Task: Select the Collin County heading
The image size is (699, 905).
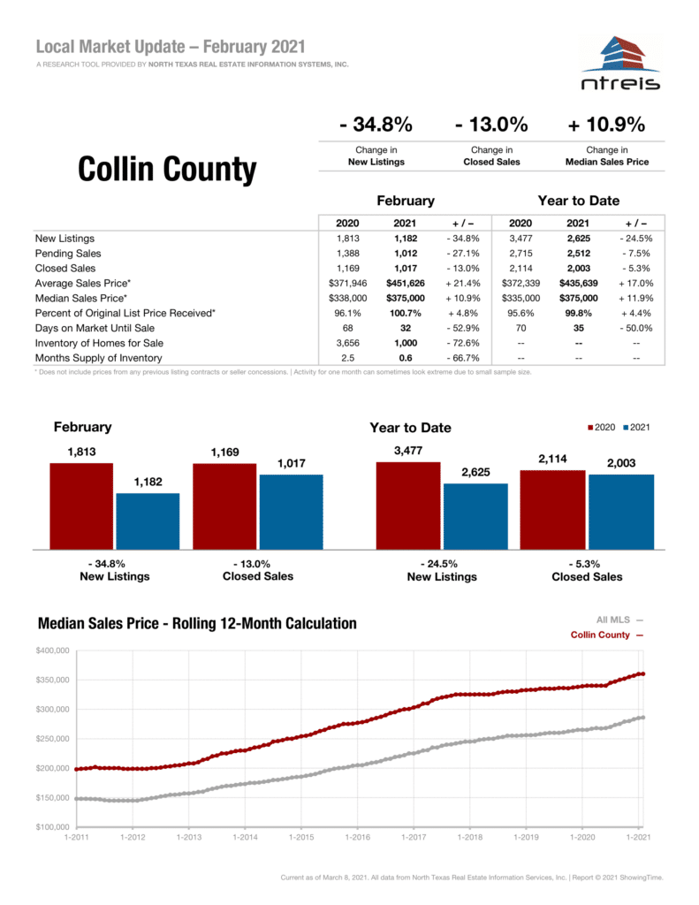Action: coord(167,169)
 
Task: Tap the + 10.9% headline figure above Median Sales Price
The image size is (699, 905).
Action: coord(607,124)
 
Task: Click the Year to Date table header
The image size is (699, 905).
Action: coord(578,201)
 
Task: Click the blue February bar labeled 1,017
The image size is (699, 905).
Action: coord(291,511)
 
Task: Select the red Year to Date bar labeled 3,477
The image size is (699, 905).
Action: coord(407,505)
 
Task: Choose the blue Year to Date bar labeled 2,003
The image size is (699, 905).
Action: coord(620,511)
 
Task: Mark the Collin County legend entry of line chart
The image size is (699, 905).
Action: coord(605,635)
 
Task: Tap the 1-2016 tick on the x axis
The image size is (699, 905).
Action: coord(357,836)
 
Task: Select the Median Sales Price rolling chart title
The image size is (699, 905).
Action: coord(197,624)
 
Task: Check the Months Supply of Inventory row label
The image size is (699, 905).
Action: coord(98,358)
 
